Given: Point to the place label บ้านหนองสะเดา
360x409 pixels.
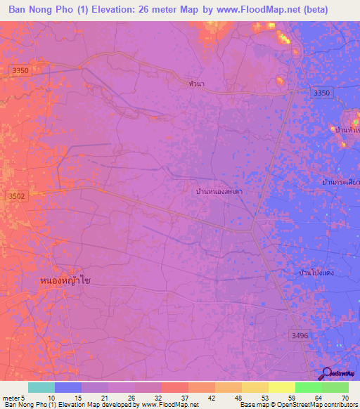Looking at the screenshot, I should (219, 191).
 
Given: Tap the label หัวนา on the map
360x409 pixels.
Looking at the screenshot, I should (198, 83).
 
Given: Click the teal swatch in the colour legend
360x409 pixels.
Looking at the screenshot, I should (41, 387).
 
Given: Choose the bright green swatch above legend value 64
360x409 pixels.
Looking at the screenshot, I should (309, 387).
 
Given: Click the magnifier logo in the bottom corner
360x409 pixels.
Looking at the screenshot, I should (327, 374).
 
